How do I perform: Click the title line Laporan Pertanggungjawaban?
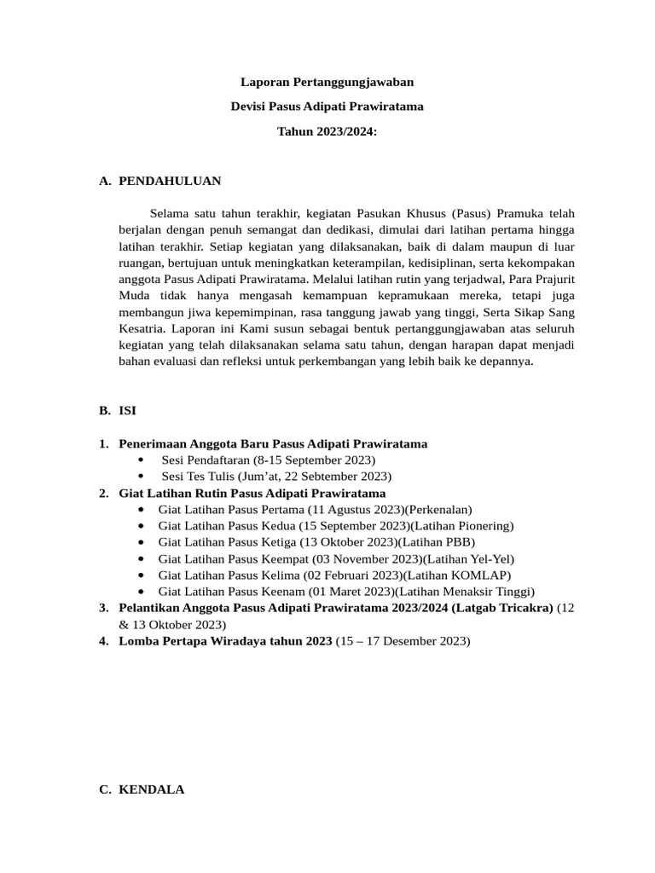pyautogui.click(x=327, y=83)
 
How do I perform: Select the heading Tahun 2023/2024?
pyautogui.click(x=327, y=132)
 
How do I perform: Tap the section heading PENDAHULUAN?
pyautogui.click(x=170, y=181)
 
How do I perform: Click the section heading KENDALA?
pyautogui.click(x=151, y=789)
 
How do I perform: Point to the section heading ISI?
pyautogui.click(x=127, y=410)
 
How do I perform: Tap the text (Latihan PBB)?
pyautogui.click(x=434, y=541)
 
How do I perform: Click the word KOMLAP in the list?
pyautogui.click(x=483, y=575)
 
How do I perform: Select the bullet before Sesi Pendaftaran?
pyautogui.click(x=140, y=460)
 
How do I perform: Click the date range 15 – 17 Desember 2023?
pyautogui.click(x=403, y=640)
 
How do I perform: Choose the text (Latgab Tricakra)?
pyautogui.click(x=503, y=607)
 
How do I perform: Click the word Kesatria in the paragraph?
pyautogui.click(x=142, y=328)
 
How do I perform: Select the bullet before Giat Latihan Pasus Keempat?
pyautogui.click(x=140, y=558)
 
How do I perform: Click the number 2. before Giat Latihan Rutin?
pyautogui.click(x=103, y=493)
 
